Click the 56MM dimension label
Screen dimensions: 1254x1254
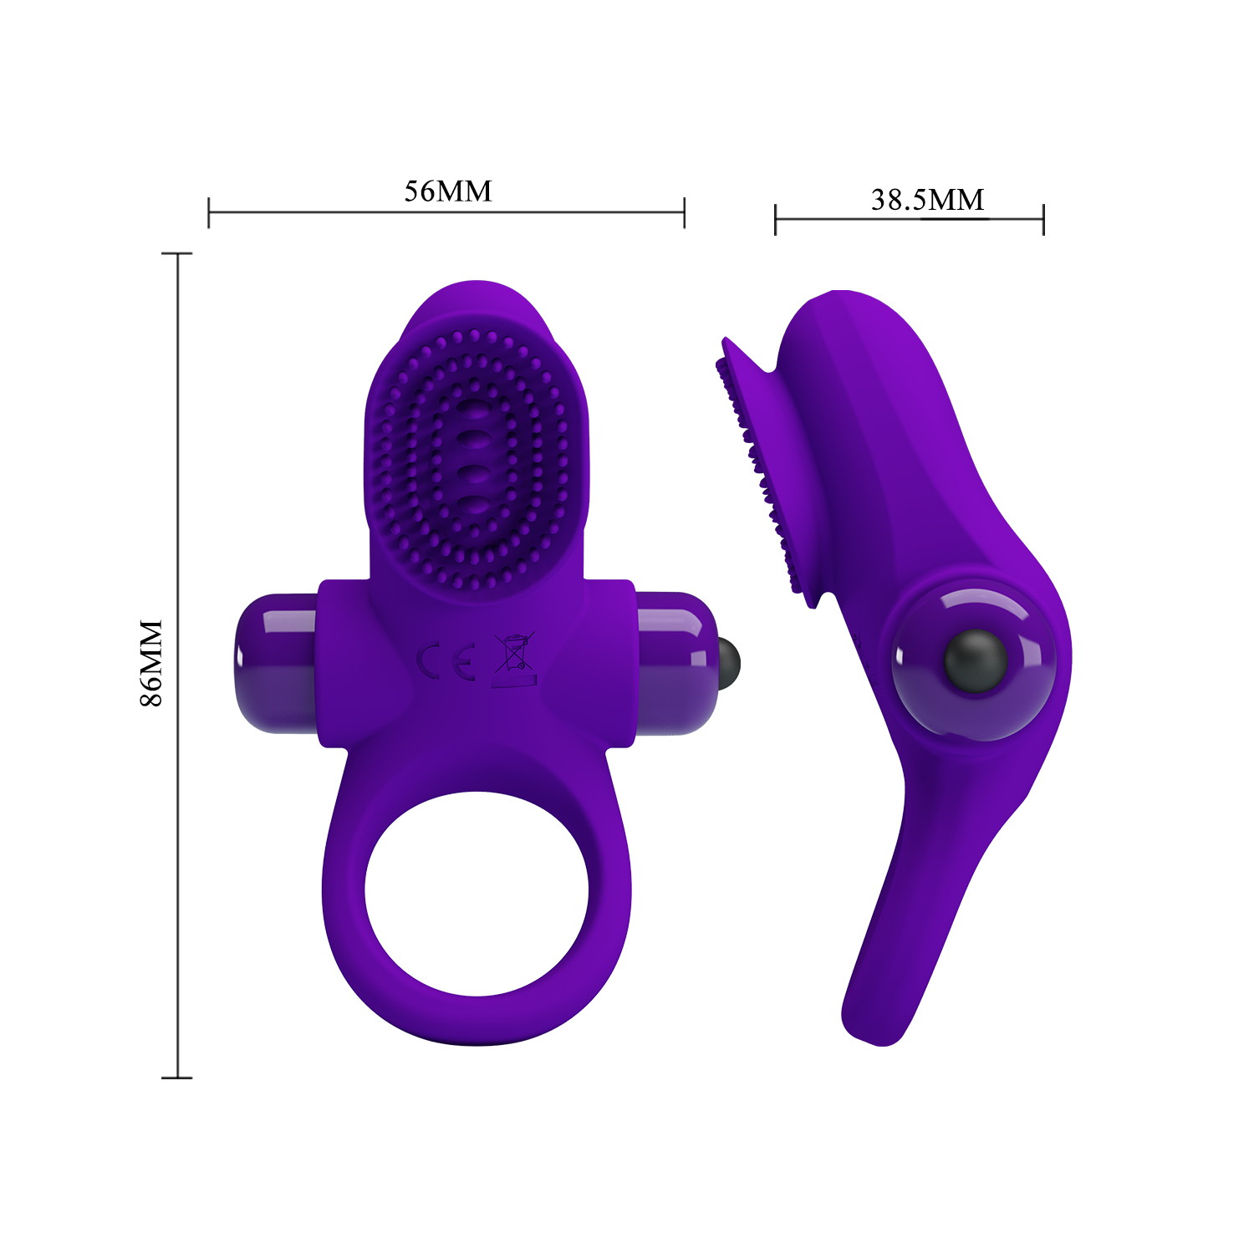(448, 191)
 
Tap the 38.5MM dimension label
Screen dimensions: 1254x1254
(927, 200)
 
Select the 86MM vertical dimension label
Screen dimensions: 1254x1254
(151, 663)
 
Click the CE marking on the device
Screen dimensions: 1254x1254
(446, 660)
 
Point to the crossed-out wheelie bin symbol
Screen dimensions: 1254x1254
(514, 653)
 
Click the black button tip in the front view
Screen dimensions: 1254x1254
(729, 659)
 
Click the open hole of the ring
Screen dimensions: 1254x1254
(477, 893)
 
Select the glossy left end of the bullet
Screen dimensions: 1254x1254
(276, 662)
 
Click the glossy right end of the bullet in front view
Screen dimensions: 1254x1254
(677, 662)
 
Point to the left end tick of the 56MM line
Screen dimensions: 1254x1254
(209, 212)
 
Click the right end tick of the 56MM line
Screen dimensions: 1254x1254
(684, 212)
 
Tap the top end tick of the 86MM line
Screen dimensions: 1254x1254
(177, 253)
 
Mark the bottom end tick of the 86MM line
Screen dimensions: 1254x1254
(177, 1078)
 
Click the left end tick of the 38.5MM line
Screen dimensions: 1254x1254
(776, 219)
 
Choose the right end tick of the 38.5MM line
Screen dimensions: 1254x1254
(1043, 219)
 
